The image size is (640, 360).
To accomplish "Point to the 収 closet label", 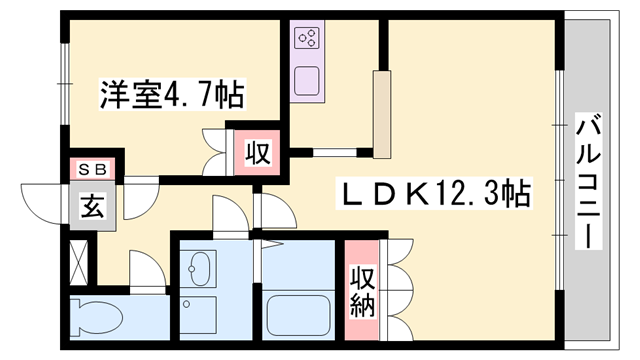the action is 256,154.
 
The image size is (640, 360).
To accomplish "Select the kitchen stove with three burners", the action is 307,40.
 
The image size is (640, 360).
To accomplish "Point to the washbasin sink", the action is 200,267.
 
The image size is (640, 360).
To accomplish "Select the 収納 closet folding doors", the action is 397,290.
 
